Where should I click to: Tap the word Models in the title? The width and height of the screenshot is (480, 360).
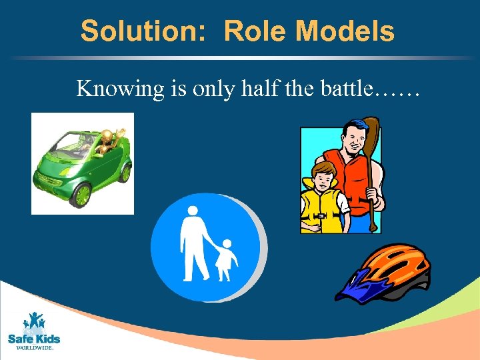point(345,31)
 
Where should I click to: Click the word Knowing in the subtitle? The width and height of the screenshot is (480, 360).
point(120,88)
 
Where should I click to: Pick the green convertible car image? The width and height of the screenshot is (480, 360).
point(83,163)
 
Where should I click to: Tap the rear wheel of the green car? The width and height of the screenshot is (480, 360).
point(124,171)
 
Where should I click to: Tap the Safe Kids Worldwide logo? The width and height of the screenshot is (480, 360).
point(33,330)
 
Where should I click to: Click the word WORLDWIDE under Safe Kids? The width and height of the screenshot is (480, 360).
point(34,347)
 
